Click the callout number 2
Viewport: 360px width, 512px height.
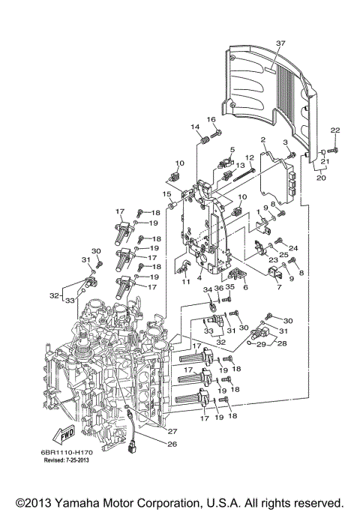[263, 140]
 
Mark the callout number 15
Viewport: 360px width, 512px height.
[168, 194]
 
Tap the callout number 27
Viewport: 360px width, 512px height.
[172, 431]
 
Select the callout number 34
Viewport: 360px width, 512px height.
[208, 289]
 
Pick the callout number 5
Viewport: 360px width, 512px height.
[232, 150]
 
